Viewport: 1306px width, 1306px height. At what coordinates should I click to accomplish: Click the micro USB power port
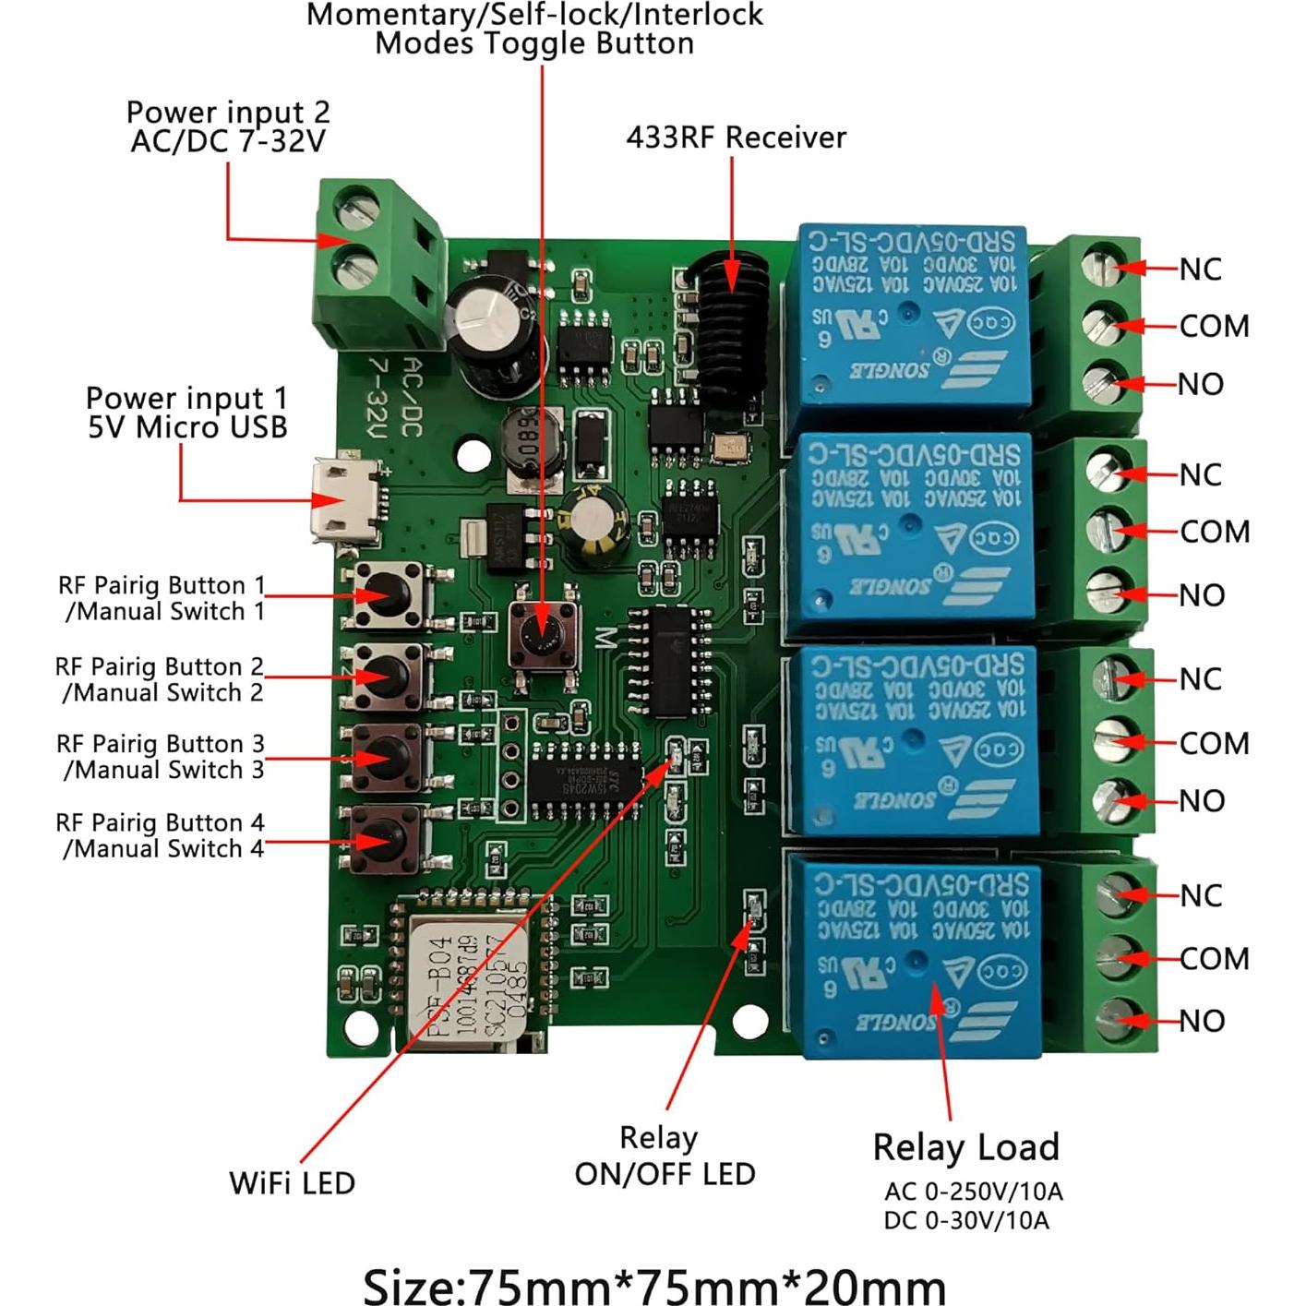pyautogui.click(x=347, y=505)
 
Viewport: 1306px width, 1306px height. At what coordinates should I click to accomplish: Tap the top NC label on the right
pyautogui.click(x=1200, y=270)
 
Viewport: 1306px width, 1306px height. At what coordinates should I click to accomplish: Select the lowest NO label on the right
pyautogui.click(x=1202, y=1021)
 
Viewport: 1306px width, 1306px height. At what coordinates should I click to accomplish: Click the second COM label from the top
pyautogui.click(x=1214, y=532)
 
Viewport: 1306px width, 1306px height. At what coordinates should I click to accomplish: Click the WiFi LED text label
pyautogui.click(x=292, y=1183)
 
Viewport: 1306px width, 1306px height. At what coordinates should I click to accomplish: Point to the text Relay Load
pyautogui.click(x=965, y=1147)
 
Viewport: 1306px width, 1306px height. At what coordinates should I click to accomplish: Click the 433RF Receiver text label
pyautogui.click(x=736, y=138)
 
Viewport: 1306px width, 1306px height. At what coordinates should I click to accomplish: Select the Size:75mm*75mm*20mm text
pyautogui.click(x=653, y=1286)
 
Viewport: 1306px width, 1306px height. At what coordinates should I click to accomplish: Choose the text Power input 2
pyautogui.click(x=228, y=112)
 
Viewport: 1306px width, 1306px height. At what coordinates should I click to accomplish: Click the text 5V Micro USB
pyautogui.click(x=188, y=427)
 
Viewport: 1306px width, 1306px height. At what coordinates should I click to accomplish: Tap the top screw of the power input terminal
pyautogui.click(x=355, y=208)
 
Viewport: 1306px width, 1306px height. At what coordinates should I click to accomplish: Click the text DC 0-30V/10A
pyautogui.click(x=965, y=1220)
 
